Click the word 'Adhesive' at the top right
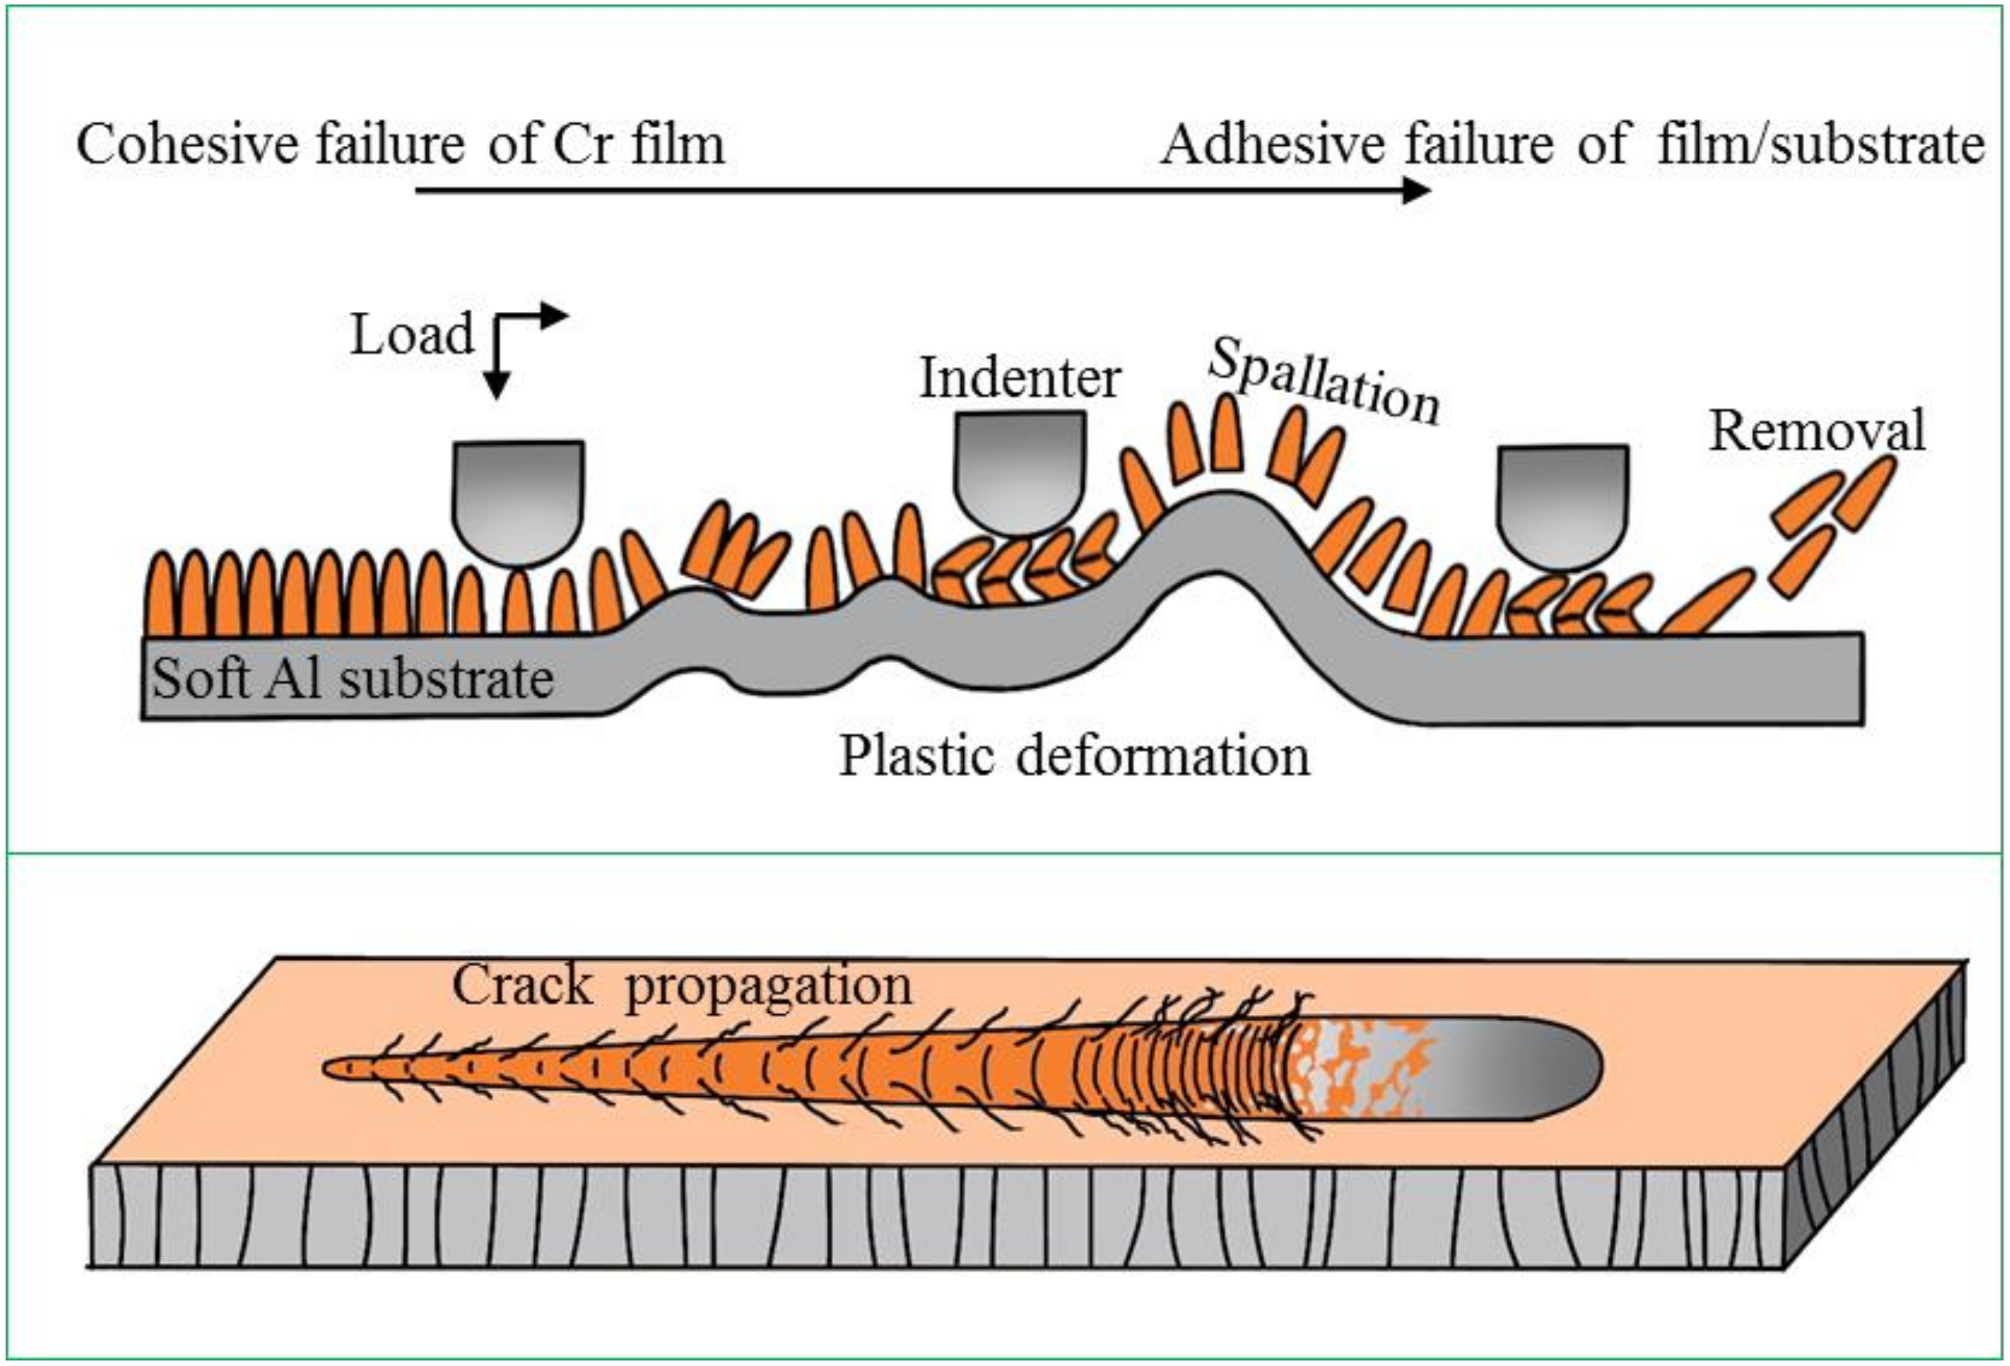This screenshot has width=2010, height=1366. (x=1271, y=143)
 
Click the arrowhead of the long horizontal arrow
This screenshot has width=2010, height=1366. (x=1415, y=190)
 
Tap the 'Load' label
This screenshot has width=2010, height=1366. (x=412, y=334)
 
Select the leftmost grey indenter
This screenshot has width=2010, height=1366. (x=518, y=500)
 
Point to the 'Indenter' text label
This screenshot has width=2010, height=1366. (x=1019, y=378)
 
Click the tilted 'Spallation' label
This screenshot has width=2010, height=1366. (x=1324, y=382)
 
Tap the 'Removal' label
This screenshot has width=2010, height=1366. (x=1817, y=430)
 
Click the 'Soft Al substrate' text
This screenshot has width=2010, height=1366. (x=353, y=678)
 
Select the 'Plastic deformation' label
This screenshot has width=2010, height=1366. (x=1074, y=756)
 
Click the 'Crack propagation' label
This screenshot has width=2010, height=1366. (x=682, y=985)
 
